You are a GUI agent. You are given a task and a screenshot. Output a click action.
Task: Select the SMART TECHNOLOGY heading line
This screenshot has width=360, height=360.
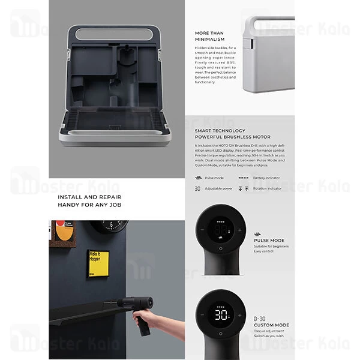(x=220, y=130)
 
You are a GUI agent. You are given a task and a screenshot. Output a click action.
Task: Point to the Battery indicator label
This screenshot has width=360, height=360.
(x=267, y=178)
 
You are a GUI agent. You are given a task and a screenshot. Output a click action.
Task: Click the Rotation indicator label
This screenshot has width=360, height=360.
(x=268, y=188)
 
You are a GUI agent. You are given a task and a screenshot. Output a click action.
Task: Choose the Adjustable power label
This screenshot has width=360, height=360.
(x=219, y=188)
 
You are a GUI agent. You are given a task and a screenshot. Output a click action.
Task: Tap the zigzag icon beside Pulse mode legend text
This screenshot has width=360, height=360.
(x=198, y=178)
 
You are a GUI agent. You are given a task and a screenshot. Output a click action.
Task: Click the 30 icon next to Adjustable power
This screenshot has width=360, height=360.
(x=197, y=188)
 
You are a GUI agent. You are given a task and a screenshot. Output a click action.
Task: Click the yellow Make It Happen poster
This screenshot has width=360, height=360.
(x=97, y=263)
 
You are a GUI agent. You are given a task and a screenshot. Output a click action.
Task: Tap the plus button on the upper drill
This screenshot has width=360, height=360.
(x=239, y=229)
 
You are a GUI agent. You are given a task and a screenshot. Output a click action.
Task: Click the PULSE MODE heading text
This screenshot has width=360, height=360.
(x=269, y=241)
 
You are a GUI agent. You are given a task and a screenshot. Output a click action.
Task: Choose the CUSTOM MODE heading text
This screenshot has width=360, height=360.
(x=272, y=325)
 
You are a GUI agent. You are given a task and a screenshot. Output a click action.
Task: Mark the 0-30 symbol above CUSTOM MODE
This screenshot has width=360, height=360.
(x=260, y=317)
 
